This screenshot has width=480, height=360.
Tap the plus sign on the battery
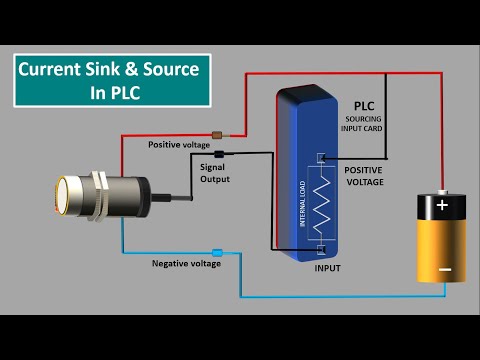pos(442,206)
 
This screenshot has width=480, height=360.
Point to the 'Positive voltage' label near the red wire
pos(179,145)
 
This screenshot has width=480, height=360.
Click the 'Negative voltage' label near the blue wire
pos(186,264)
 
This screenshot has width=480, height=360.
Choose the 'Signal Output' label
pos(215,173)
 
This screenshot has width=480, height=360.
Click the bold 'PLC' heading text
pos(364,105)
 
